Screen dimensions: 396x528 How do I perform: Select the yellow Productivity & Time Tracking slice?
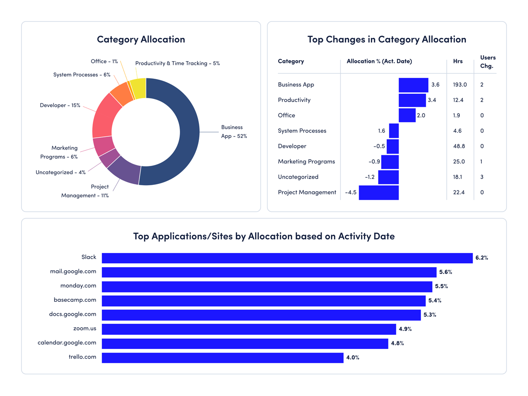tap(139, 88)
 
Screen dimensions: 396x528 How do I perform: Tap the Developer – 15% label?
tap(60, 106)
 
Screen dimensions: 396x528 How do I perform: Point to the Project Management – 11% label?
tap(85, 191)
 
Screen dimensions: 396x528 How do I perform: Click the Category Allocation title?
tap(141, 39)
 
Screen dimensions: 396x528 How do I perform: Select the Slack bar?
tap(287, 258)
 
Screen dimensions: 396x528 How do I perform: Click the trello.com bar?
tap(222, 358)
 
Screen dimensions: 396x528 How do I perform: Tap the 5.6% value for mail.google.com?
tap(445, 272)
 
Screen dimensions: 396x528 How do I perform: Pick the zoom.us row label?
tap(84, 328)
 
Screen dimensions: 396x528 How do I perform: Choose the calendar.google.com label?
tap(67, 343)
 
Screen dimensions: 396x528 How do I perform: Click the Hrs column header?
tap(458, 62)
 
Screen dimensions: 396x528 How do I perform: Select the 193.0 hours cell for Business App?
tap(460, 84)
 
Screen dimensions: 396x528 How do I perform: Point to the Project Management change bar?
tap(378, 193)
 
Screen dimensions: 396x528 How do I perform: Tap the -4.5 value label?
tap(351, 192)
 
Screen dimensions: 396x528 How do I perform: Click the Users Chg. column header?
tap(487, 62)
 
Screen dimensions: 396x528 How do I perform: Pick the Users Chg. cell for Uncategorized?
tap(482, 177)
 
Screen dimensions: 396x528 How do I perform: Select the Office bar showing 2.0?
tap(407, 115)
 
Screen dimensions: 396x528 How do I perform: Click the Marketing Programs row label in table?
tap(306, 161)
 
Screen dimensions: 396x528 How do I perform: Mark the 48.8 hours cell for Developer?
tap(459, 146)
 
